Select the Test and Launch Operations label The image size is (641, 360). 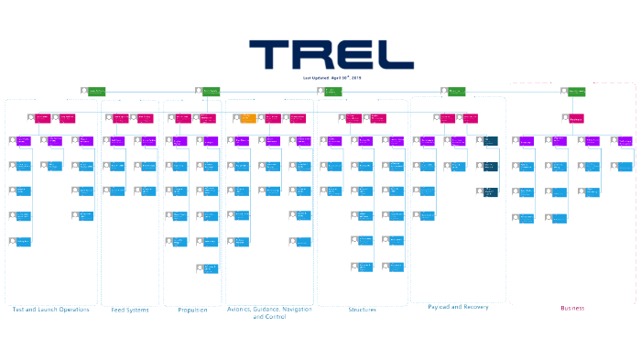click(51, 310)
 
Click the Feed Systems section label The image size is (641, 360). click(130, 310)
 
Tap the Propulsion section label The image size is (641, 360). click(192, 310)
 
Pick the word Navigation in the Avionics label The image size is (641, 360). click(290, 310)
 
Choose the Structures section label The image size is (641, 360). click(362, 310)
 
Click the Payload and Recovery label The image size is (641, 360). click(458, 307)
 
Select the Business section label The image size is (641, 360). click(572, 309)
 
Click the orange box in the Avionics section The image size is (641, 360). click(248, 118)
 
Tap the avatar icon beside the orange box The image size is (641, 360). click(236, 118)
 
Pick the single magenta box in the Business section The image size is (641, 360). click(576, 118)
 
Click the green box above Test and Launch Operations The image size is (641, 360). click(96, 92)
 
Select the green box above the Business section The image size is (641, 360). click(576, 92)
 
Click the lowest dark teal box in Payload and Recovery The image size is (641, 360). click(490, 191)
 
